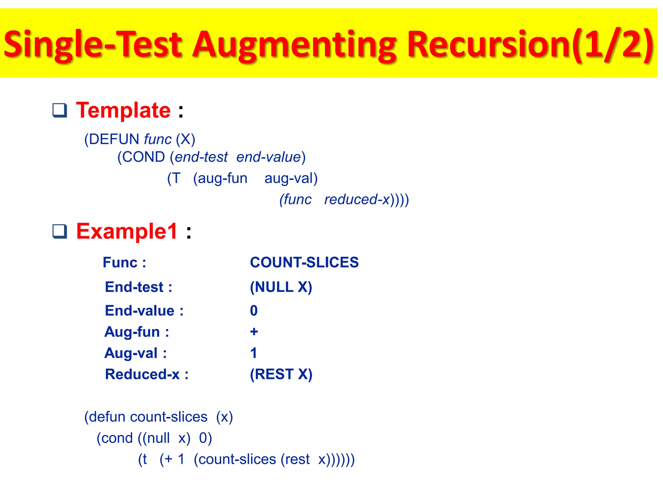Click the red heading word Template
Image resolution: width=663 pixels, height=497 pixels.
pyautogui.click(x=123, y=110)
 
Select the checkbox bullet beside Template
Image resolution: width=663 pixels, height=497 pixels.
pyautogui.click(x=60, y=110)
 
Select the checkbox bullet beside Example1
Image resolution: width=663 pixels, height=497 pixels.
pyautogui.click(x=60, y=232)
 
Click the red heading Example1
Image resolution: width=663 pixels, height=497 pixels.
pyautogui.click(x=127, y=232)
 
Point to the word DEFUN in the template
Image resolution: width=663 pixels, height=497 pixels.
pyautogui.click(x=114, y=139)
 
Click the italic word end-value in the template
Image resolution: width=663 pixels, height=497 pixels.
pyautogui.click(x=269, y=157)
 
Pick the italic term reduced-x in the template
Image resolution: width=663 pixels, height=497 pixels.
pyautogui.click(x=357, y=200)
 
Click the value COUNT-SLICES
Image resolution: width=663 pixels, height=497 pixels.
pyautogui.click(x=304, y=262)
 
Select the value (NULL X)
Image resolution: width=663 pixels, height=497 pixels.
pyautogui.click(x=281, y=287)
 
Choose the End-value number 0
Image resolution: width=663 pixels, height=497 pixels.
pyautogui.click(x=254, y=311)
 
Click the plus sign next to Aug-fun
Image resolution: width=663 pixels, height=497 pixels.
pyautogui.click(x=254, y=332)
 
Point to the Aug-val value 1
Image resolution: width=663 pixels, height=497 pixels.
pyautogui.click(x=254, y=353)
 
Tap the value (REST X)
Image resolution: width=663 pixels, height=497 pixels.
pyautogui.click(x=281, y=374)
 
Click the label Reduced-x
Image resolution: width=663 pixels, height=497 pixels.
pyautogui.click(x=142, y=374)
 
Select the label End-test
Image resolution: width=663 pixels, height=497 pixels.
pyautogui.click(x=134, y=287)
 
